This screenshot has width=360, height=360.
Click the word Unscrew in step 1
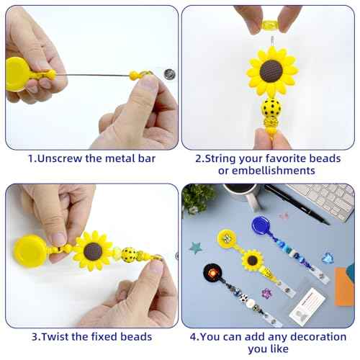(60, 158)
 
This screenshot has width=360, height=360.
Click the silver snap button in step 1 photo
(169, 74)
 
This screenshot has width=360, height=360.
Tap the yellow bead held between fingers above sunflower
(270, 24)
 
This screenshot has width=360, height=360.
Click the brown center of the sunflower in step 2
(271, 71)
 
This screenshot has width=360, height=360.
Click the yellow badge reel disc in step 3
(30, 251)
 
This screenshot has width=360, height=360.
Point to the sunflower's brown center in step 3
(93, 251)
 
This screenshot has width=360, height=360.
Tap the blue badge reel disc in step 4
(261, 225)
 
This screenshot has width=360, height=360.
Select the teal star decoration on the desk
(195, 248)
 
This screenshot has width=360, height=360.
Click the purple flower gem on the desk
(266, 294)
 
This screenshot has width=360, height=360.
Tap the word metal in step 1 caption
(120, 158)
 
